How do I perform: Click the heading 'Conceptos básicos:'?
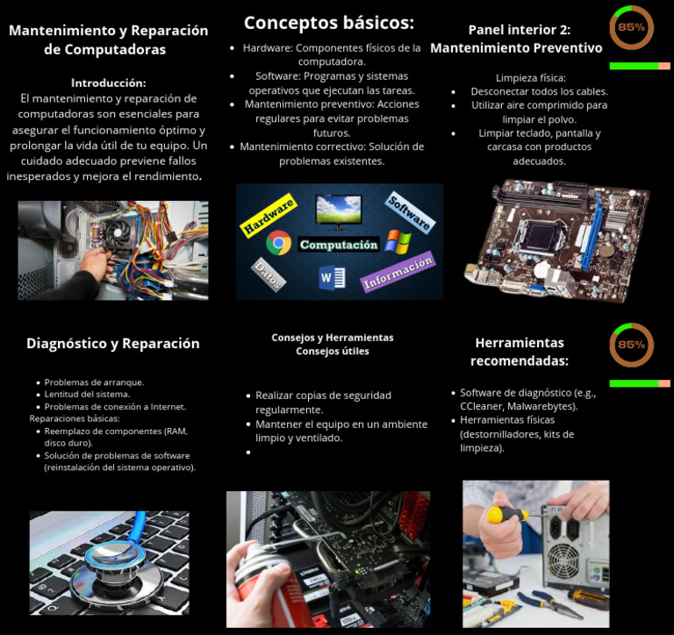[328, 23]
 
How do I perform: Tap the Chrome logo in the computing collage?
[279, 243]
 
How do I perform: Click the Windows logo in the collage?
[398, 241]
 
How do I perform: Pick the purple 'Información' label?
[397, 272]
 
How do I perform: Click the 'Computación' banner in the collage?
[338, 245]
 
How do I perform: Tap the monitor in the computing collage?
[338, 211]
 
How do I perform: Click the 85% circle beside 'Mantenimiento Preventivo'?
[631, 27]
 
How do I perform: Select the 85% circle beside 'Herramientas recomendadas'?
[631, 345]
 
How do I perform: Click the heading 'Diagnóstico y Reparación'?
[112, 344]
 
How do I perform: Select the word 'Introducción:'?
[108, 82]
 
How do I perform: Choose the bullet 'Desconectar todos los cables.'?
[539, 91]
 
